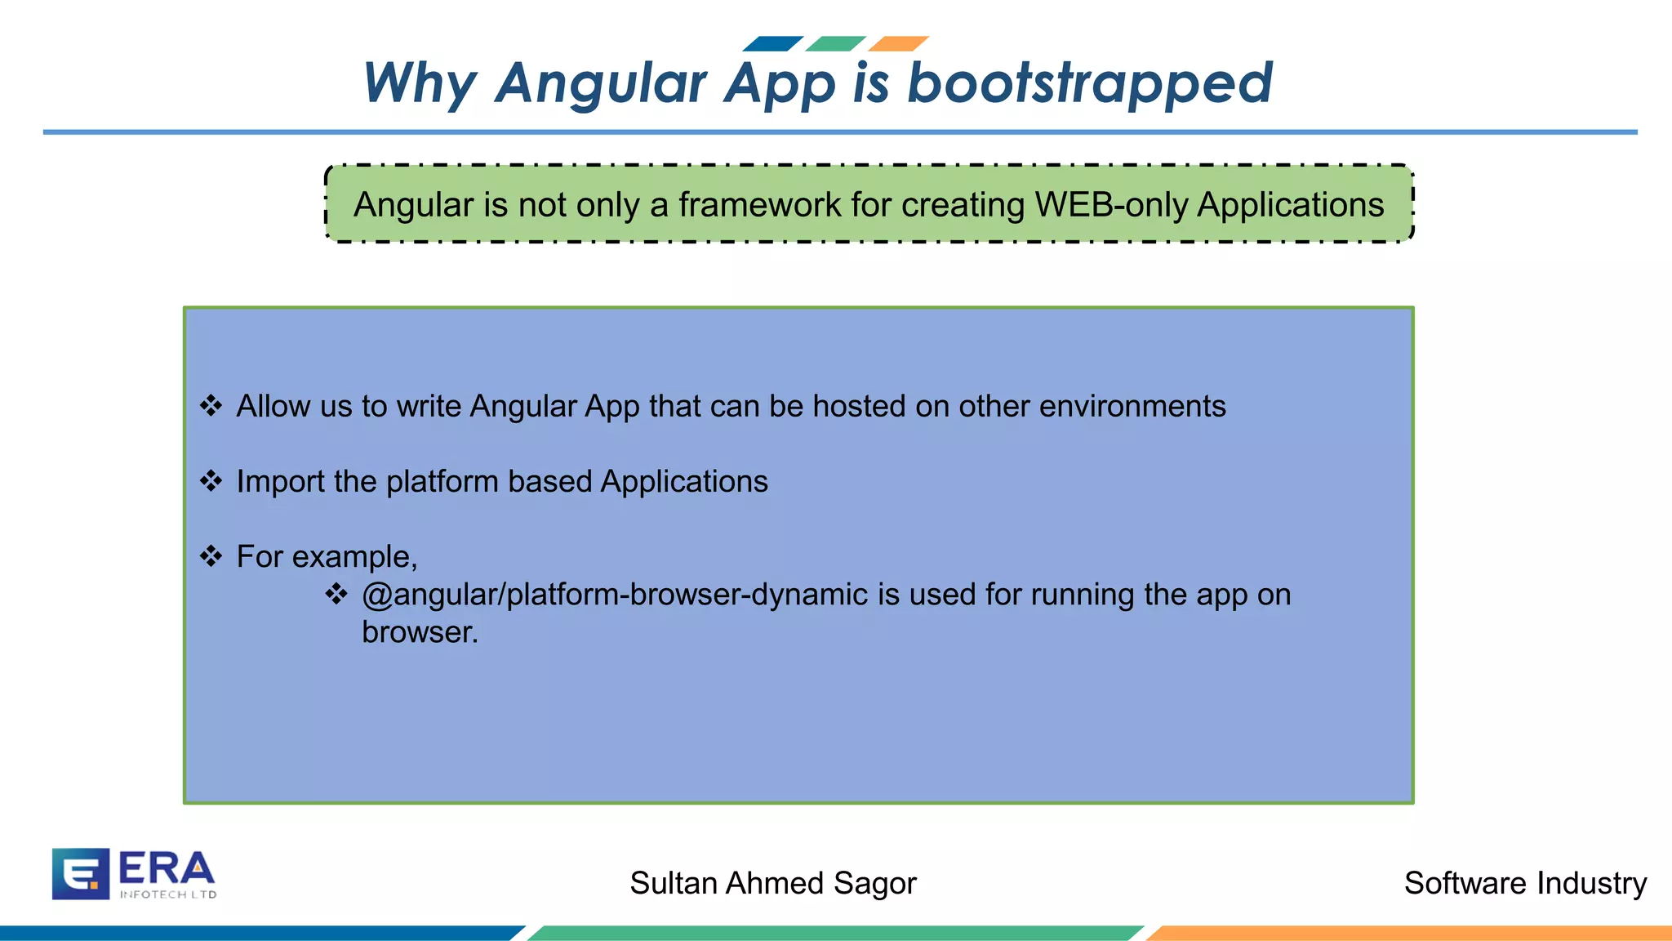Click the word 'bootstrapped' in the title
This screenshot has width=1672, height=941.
click(x=1090, y=83)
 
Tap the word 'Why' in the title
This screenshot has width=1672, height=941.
click(x=419, y=83)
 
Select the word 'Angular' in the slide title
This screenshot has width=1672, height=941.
click(x=601, y=83)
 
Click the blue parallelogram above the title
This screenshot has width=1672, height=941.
click(x=773, y=43)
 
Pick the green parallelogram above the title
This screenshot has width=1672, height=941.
click(x=835, y=43)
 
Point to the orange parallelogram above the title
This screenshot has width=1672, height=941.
click(x=898, y=43)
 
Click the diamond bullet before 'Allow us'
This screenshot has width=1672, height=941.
click(x=211, y=406)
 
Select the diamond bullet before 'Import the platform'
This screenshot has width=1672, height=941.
click(x=211, y=481)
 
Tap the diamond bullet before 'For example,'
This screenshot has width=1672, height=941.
click(x=211, y=556)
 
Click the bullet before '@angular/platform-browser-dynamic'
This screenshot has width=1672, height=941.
click(x=336, y=594)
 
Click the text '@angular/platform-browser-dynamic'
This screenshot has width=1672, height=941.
click(x=614, y=595)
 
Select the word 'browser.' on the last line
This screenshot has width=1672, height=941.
click(x=420, y=632)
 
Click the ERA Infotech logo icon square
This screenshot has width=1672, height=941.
click(x=80, y=873)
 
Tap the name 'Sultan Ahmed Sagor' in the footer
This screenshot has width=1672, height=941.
click(x=772, y=883)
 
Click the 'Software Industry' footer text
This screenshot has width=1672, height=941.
click(x=1524, y=883)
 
